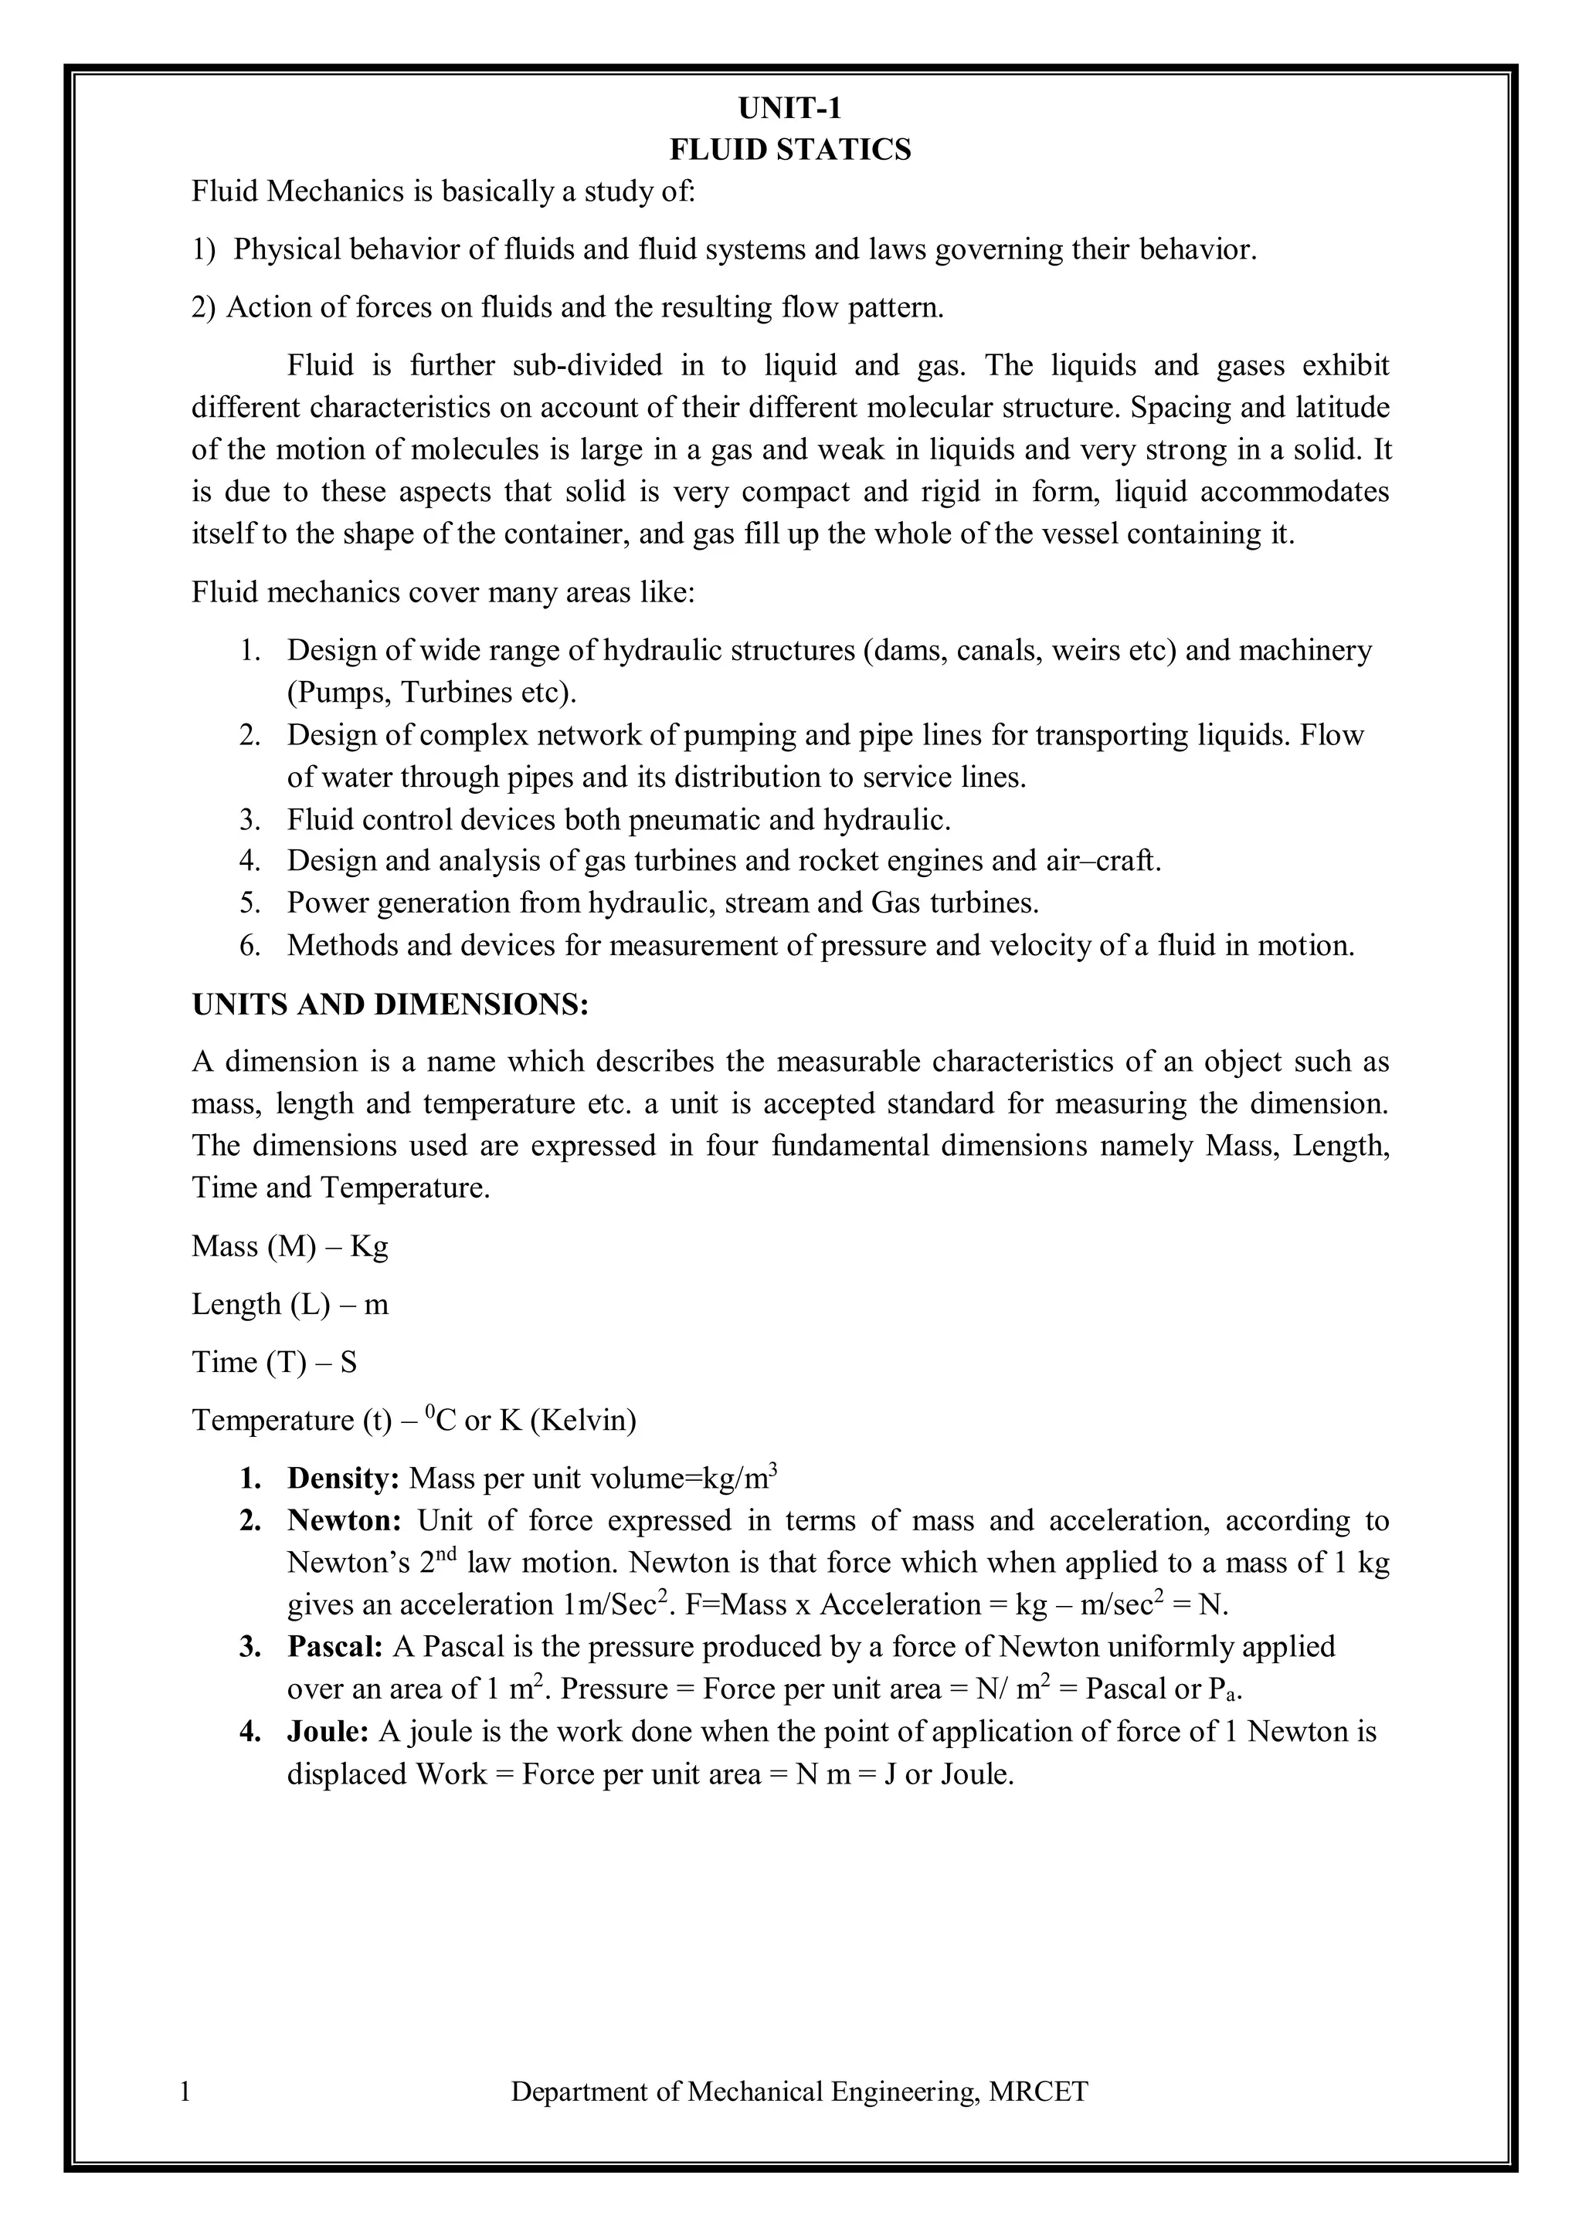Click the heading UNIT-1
pyautogui.click(x=790, y=107)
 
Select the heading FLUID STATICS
pyautogui.click(x=790, y=150)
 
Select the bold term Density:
pyautogui.click(x=343, y=1479)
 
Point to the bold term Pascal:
pyautogui.click(x=335, y=1647)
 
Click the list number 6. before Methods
pyautogui.click(x=250, y=946)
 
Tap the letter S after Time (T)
pyautogui.click(x=348, y=1363)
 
